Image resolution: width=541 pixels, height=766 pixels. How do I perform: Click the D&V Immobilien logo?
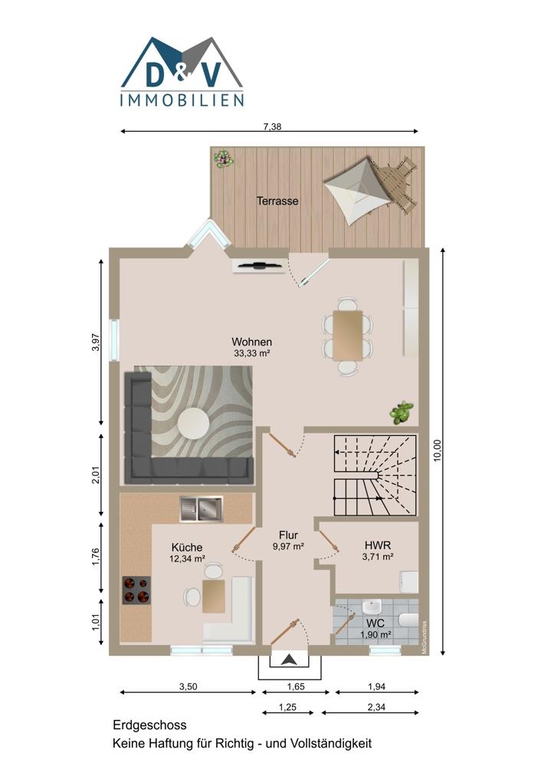click(x=182, y=72)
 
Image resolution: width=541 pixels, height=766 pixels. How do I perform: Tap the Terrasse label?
click(x=277, y=201)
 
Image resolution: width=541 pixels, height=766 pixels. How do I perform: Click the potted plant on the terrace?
click(x=223, y=159)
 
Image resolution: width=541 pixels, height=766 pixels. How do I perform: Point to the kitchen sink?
click(x=201, y=509)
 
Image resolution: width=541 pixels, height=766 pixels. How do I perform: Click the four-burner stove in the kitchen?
click(x=136, y=590)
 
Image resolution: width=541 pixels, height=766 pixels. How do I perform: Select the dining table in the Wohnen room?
click(x=348, y=336)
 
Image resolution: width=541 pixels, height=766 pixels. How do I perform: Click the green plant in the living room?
click(x=402, y=412)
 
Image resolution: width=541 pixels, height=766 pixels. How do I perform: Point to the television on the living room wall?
click(x=258, y=266)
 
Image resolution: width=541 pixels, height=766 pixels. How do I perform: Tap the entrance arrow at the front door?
click(x=290, y=660)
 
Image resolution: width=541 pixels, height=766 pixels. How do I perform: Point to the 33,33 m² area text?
click(x=252, y=353)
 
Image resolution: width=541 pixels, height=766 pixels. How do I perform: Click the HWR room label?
click(x=378, y=545)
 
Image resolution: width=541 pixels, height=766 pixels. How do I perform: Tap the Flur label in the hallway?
click(x=288, y=535)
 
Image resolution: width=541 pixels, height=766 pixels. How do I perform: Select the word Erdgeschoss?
click(x=149, y=725)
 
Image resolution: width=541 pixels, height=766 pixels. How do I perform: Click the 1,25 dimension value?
click(x=288, y=707)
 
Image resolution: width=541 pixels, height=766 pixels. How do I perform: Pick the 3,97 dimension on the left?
click(x=96, y=342)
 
